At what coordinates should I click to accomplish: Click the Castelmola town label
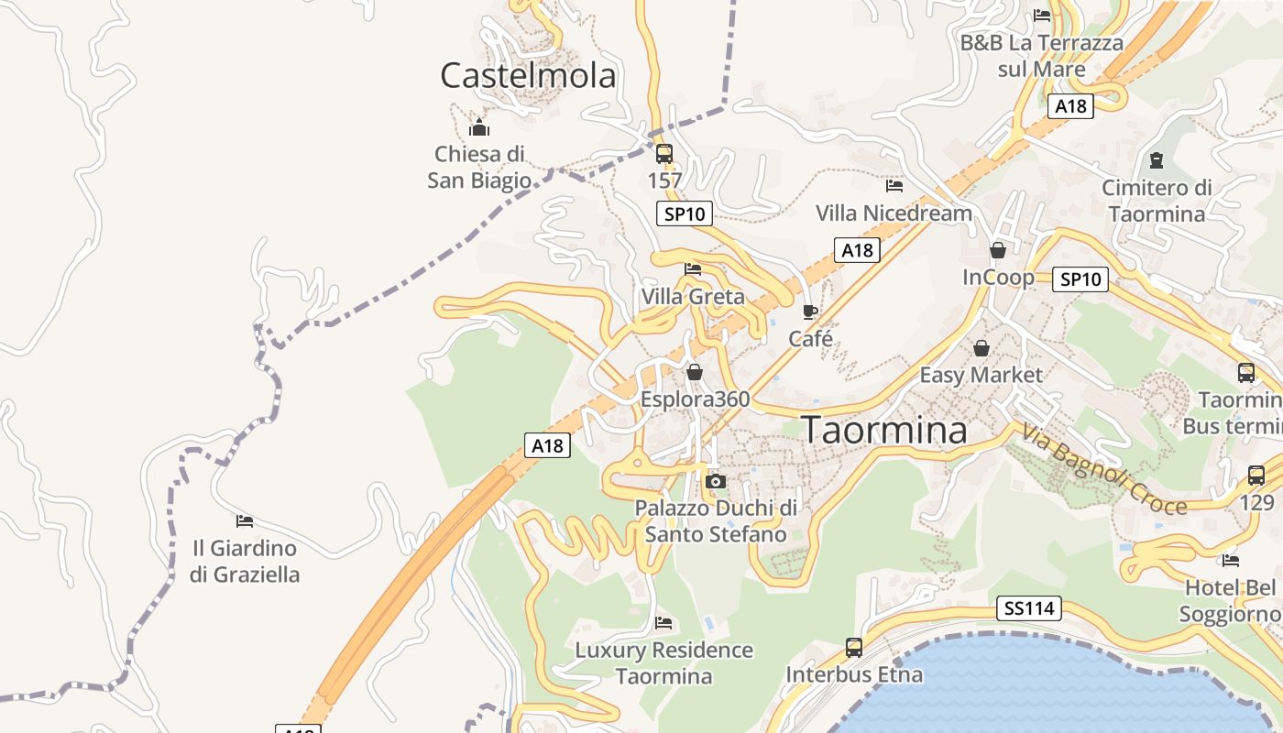[x=528, y=75]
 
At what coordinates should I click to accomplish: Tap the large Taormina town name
[x=884, y=430]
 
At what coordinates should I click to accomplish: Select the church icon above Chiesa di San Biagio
[x=478, y=127]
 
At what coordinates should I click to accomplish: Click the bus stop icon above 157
[x=664, y=153]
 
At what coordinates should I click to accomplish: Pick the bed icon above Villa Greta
[x=693, y=268]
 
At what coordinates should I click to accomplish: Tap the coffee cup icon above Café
[x=810, y=312]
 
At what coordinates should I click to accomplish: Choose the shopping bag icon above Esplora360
[x=695, y=372]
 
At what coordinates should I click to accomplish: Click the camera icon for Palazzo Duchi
[x=716, y=481]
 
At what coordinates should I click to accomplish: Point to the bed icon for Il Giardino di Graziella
[x=245, y=520]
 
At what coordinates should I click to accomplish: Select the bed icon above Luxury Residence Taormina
[x=664, y=623]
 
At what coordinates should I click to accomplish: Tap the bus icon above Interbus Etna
[x=854, y=648]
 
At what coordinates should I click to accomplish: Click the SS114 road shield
[x=1029, y=607]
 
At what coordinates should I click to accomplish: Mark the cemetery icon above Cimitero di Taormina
[x=1156, y=160]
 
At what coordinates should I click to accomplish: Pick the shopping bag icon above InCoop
[x=998, y=249]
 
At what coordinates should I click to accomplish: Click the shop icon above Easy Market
[x=981, y=348]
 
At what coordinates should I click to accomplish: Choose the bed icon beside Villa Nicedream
[x=894, y=185]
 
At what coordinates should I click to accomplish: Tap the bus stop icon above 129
[x=1256, y=476]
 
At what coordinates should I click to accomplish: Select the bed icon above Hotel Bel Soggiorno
[x=1231, y=560]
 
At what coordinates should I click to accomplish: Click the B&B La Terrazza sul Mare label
[x=1041, y=56]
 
